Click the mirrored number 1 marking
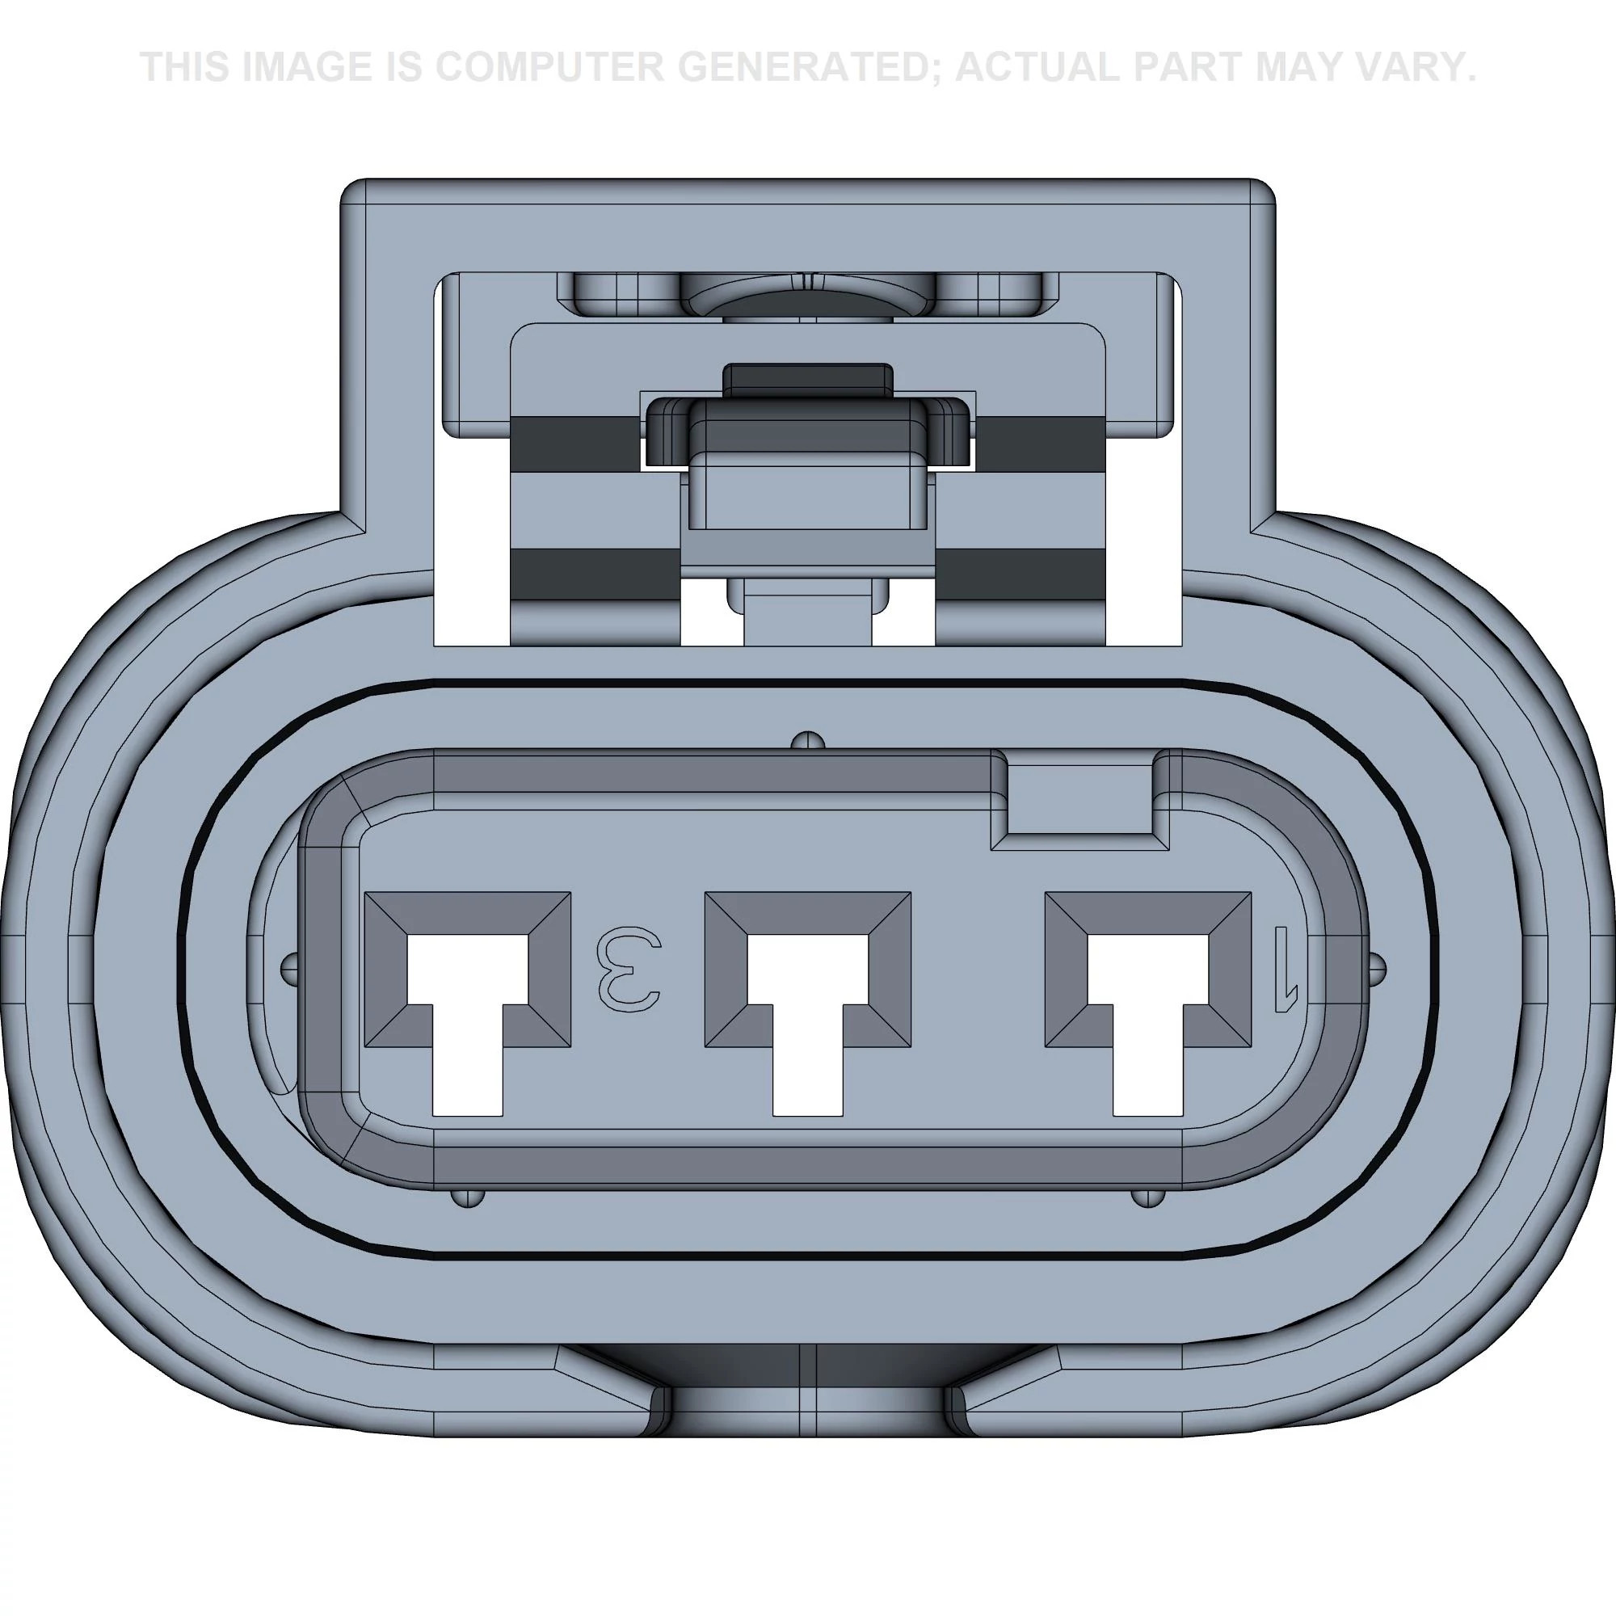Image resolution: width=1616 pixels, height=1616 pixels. pyautogui.click(x=1284, y=969)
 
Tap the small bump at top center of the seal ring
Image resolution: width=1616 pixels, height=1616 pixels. pyautogui.click(x=808, y=739)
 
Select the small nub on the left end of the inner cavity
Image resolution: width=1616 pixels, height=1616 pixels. pyautogui.click(x=288, y=968)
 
